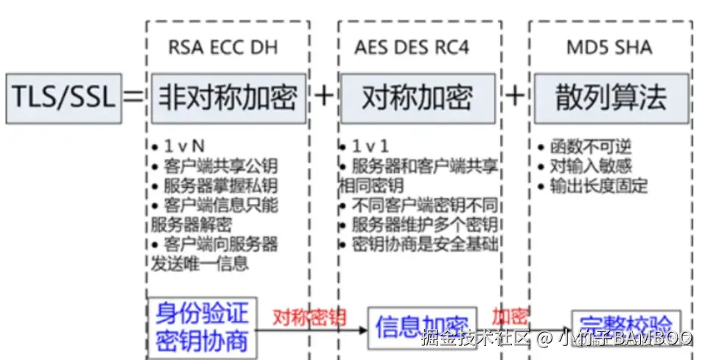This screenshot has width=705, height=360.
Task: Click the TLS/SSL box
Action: [x=64, y=96]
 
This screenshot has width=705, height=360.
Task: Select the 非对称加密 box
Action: [x=228, y=97]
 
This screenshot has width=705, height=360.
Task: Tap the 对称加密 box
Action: [x=417, y=97]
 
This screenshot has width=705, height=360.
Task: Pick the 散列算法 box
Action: [x=611, y=97]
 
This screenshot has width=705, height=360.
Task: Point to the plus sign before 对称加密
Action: [x=323, y=96]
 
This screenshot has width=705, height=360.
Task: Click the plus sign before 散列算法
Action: [x=515, y=96]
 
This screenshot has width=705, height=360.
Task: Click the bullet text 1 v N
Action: [x=180, y=146]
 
